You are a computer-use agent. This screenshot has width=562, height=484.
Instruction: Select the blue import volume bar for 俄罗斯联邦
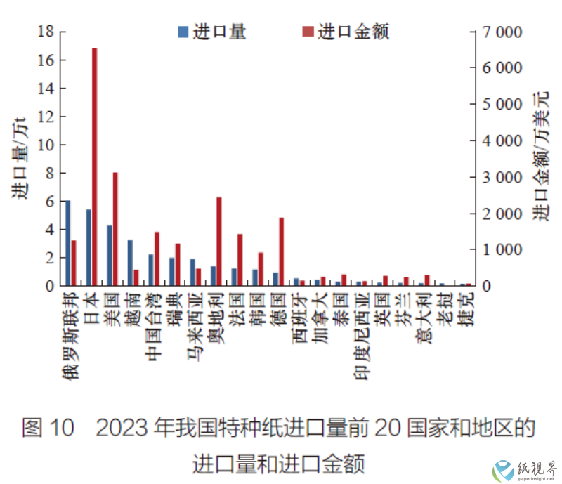[x=67, y=243]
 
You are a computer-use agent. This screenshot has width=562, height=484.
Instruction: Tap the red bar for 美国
[x=115, y=229]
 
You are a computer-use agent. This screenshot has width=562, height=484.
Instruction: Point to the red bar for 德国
[x=282, y=251]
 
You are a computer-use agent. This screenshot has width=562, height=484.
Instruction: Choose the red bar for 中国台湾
[x=157, y=259]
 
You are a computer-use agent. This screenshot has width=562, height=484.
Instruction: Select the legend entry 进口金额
[x=344, y=32]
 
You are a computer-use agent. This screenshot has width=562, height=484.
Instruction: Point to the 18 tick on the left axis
[x=46, y=32]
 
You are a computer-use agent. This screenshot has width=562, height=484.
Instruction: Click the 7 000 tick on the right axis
[x=499, y=32]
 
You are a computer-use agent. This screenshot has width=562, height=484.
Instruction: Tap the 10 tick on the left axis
[x=46, y=145]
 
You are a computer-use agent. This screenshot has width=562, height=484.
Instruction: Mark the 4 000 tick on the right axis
[x=499, y=140]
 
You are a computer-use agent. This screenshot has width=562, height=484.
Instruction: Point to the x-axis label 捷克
[x=466, y=309]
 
